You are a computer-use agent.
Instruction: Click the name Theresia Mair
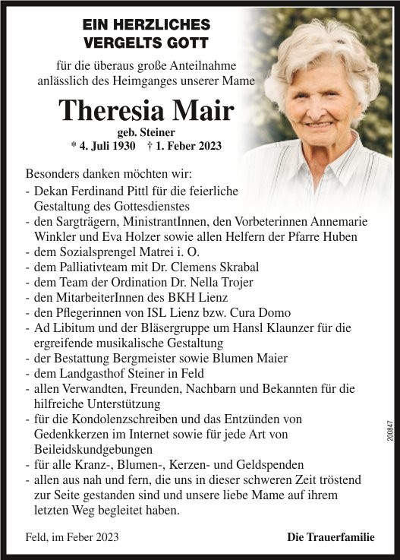146,110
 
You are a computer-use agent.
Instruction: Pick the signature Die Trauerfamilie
330,537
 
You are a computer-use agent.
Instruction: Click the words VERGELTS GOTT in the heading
145,42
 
